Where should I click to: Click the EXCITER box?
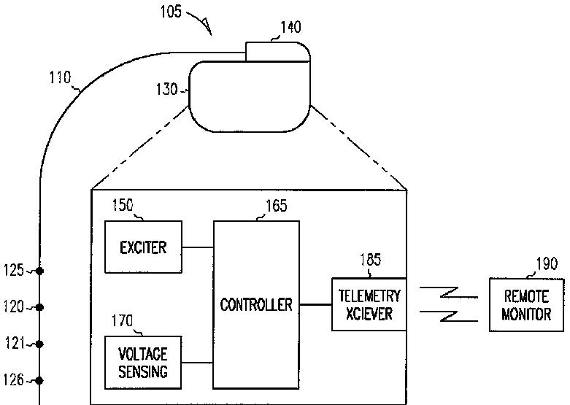pos(143,247)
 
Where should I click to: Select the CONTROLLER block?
pos(256,304)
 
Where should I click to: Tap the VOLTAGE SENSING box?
pos(143,362)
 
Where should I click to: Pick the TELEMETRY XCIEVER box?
pos(369,304)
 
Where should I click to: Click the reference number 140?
pos(290,28)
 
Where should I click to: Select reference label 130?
pos(167,89)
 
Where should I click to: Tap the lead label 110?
pos(60,75)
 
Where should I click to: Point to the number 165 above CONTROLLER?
pos(274,206)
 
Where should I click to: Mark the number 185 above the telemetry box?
pos(370,260)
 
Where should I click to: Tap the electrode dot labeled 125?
pos(39,271)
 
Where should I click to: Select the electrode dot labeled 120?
pos(39,306)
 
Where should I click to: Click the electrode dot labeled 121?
pos(39,343)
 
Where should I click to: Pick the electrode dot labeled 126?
pos(39,380)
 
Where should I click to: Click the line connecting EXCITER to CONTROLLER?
pos(197,247)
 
